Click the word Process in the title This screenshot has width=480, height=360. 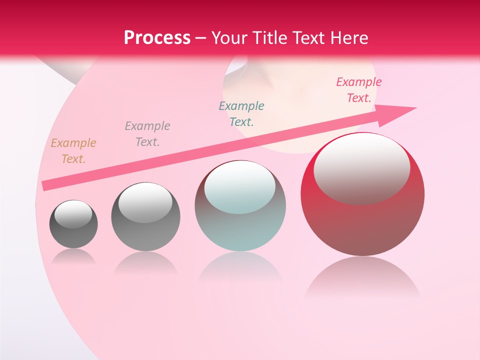coord(157,38)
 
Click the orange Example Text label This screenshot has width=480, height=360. coord(73,150)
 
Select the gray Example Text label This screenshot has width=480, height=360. coord(147,133)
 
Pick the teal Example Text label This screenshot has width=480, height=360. coord(241,113)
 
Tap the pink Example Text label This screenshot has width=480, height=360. coord(359,90)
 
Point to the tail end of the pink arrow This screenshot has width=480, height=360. coord(46,185)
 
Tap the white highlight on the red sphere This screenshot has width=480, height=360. coord(362,167)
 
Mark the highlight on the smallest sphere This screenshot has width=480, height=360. coord(73,214)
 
